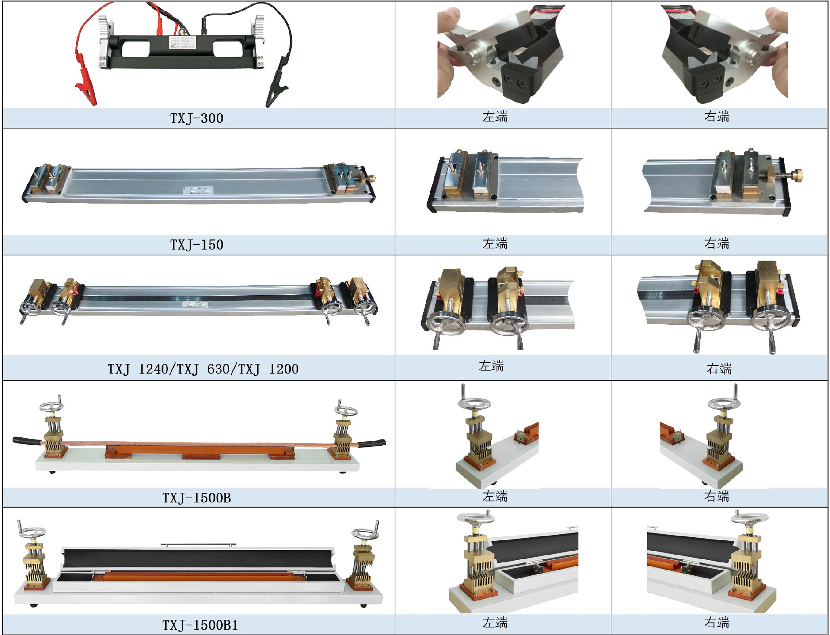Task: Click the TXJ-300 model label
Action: [x=197, y=118]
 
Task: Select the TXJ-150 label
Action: [x=197, y=245]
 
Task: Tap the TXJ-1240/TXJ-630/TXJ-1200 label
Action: [x=203, y=369]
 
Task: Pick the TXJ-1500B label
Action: [x=197, y=498]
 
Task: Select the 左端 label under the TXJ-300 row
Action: [x=495, y=117]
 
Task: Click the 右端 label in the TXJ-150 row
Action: [x=717, y=244]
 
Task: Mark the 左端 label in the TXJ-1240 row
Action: [x=491, y=366]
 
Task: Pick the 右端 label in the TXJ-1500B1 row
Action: [x=717, y=623]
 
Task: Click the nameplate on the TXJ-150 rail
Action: [x=198, y=190]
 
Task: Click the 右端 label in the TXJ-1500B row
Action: [x=717, y=496]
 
